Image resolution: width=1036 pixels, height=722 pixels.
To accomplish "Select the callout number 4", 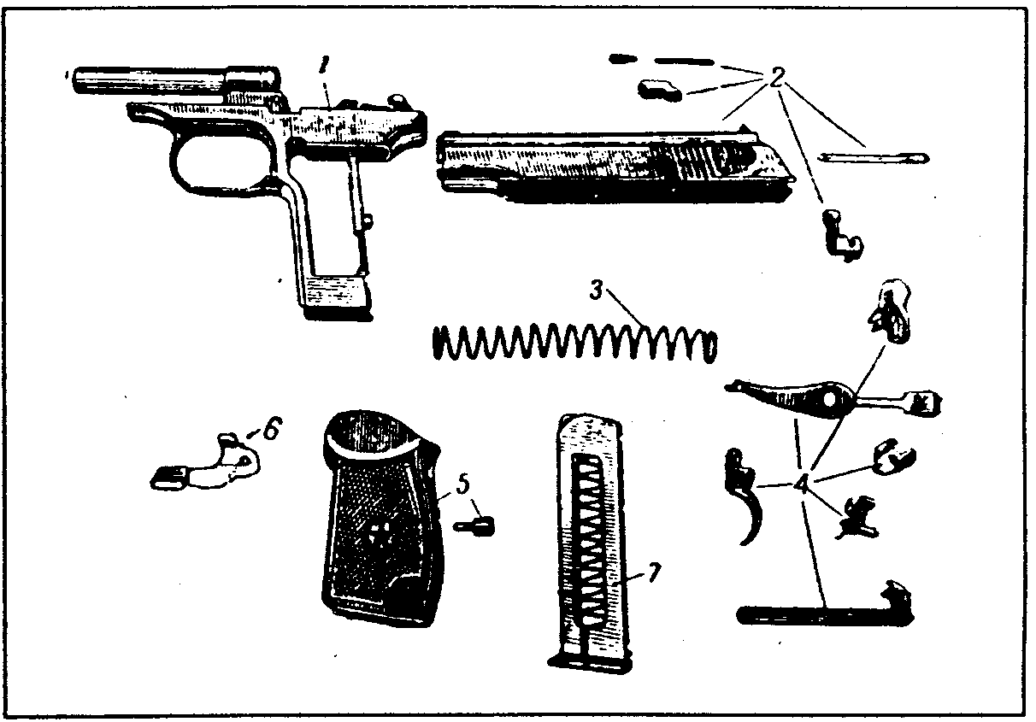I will click(x=801, y=484).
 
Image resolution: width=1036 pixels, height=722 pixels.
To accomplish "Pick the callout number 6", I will click(x=268, y=430).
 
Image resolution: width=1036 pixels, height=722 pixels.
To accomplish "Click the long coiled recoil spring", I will click(x=573, y=344).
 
